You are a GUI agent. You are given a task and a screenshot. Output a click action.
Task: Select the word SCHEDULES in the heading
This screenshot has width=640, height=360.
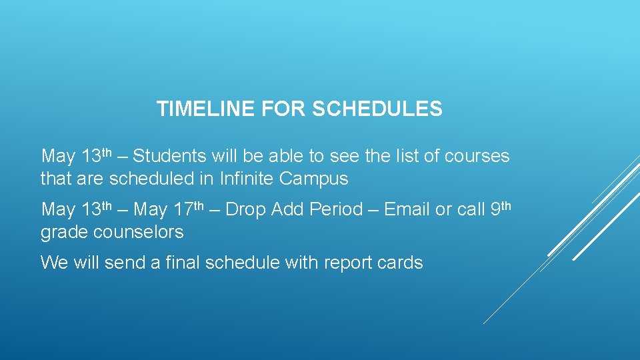[377, 109]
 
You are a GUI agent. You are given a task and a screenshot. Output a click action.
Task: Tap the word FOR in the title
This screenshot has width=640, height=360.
[285, 109]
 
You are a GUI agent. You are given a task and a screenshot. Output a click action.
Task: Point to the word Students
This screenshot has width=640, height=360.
[170, 157]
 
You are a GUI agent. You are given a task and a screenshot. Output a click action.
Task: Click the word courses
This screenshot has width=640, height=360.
[477, 157]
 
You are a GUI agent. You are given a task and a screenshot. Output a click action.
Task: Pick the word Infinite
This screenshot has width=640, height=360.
[247, 179]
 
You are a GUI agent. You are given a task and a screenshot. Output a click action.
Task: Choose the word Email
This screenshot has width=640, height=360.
[407, 209]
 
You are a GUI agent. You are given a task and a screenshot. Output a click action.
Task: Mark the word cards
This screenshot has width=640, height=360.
[399, 263]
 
